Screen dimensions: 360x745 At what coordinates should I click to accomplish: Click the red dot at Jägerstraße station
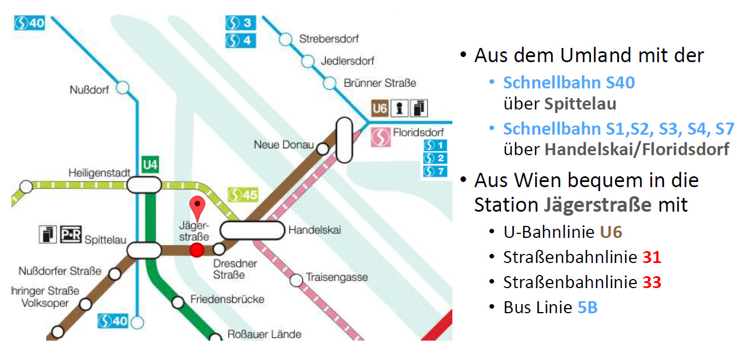click(x=197, y=250)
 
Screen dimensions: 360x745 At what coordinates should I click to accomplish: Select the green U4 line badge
click(x=150, y=165)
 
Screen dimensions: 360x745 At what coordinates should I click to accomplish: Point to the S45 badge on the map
click(x=242, y=195)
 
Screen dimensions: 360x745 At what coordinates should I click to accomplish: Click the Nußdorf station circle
click(x=122, y=88)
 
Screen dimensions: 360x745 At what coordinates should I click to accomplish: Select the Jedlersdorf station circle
click(x=308, y=61)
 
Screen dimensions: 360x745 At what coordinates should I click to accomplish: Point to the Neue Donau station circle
click(x=322, y=149)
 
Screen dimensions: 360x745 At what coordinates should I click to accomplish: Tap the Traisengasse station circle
click(x=297, y=280)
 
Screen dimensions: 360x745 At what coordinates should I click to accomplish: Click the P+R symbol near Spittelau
click(x=71, y=233)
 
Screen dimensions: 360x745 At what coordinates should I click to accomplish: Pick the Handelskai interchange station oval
click(x=252, y=230)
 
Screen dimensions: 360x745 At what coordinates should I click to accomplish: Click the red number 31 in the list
click(x=651, y=257)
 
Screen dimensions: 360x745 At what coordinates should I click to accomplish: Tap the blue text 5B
click(x=588, y=308)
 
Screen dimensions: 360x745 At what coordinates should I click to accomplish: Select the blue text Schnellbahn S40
click(x=569, y=83)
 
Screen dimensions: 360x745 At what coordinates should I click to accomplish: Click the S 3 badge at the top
click(x=240, y=23)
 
